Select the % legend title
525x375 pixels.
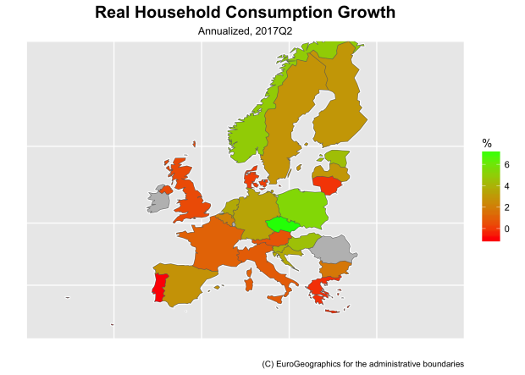(x=486, y=142)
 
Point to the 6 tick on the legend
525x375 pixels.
(x=506, y=164)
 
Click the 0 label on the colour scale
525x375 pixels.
(x=506, y=229)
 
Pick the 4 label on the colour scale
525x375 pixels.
(x=506, y=185)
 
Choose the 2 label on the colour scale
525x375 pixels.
(x=506, y=207)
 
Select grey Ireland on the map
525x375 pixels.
(x=157, y=201)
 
